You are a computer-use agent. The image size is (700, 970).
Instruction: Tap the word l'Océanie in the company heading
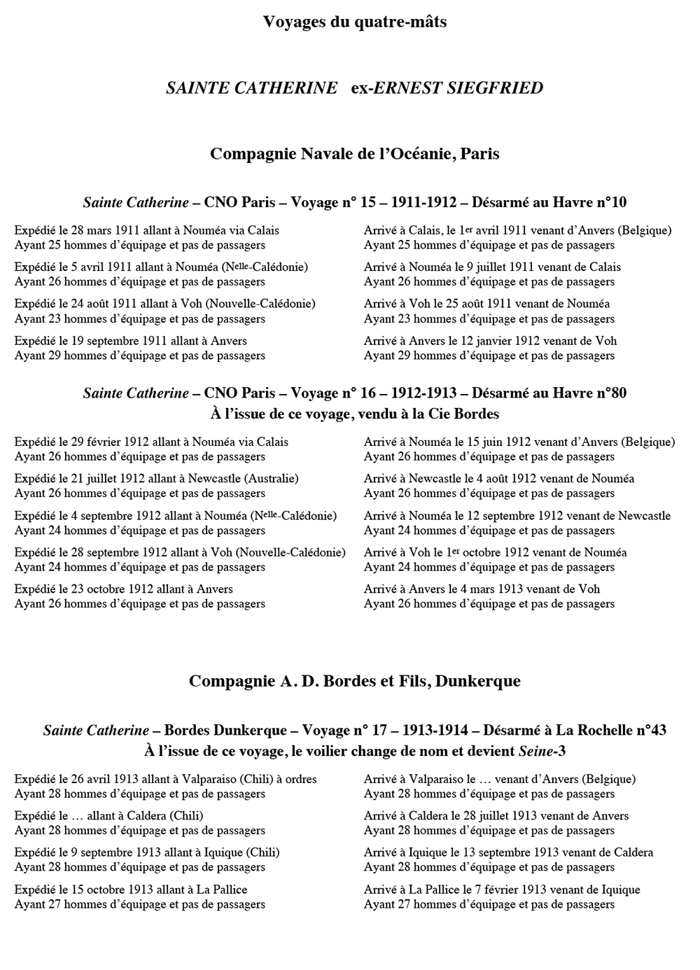414,154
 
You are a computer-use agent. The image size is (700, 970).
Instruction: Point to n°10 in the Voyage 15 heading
611,203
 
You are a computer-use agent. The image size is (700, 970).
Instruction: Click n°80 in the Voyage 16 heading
611,393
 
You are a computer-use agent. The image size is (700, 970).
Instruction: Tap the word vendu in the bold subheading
376,414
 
